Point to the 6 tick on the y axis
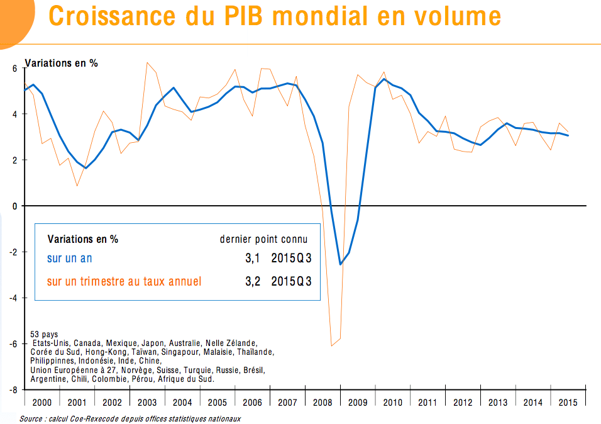[x=16, y=68]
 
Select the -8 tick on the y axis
[x=14, y=390]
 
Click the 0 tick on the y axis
[x=16, y=206]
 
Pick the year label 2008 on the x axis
[x=323, y=403]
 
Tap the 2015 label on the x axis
[x=568, y=403]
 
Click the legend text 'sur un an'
[x=70, y=259]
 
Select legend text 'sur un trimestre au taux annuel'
[x=124, y=281]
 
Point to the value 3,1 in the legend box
[x=253, y=259]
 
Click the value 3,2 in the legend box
[x=253, y=281]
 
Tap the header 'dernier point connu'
[x=263, y=239]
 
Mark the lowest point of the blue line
[x=340, y=264]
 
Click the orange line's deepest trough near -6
[x=331, y=345]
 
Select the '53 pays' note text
[x=44, y=335]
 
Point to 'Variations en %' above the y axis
[x=61, y=63]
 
